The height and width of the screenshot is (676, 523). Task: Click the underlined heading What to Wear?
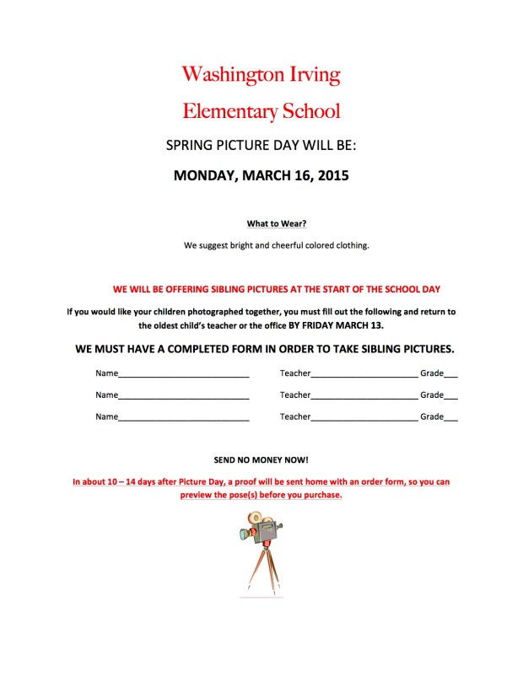[x=277, y=224]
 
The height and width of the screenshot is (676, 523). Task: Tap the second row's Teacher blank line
[x=364, y=395]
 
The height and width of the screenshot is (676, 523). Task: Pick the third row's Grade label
[x=431, y=416]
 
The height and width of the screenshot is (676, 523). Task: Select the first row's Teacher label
[x=295, y=373]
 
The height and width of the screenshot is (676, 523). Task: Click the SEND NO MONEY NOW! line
[x=261, y=460]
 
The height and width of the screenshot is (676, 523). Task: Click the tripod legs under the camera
[x=261, y=569]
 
